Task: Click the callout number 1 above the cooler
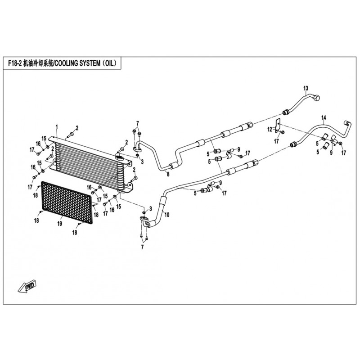point(57,127)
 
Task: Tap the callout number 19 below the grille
point(60,223)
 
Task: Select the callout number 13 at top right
point(306,88)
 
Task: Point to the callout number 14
point(324,118)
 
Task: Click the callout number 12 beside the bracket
point(270,129)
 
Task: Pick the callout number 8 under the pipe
point(168,175)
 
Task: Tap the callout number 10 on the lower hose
point(167,215)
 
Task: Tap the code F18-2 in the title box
point(15,63)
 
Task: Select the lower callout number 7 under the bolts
point(142,247)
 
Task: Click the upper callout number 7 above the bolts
point(138,123)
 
